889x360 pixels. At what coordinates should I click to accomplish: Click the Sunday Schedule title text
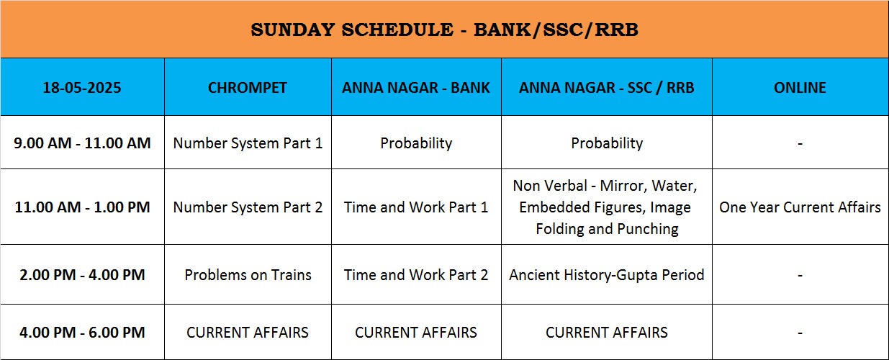tap(445, 30)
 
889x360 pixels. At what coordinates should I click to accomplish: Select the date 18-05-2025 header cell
tap(82, 87)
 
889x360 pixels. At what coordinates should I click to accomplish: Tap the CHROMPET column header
tap(248, 87)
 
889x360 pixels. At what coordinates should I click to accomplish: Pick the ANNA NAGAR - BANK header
tap(416, 87)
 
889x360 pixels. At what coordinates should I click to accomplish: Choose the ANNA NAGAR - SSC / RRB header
tap(606, 87)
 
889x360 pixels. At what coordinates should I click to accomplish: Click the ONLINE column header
tap(800, 87)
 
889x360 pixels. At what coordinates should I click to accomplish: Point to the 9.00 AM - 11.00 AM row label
tap(82, 143)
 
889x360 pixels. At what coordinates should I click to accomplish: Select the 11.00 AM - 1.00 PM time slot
tap(82, 207)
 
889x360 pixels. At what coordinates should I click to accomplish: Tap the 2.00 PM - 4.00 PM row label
tap(82, 274)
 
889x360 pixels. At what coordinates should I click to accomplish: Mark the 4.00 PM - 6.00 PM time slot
tap(82, 332)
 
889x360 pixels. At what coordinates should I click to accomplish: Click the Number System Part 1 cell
tap(248, 143)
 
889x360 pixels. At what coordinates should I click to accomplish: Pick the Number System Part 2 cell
tap(248, 207)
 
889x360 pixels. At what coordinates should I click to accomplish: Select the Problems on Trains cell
tap(248, 274)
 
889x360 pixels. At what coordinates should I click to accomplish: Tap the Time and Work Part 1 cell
tap(416, 207)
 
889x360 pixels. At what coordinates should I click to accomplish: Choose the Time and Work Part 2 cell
tap(416, 274)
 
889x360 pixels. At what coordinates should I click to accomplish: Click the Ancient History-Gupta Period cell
tap(606, 274)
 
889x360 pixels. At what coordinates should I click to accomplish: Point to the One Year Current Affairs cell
tap(800, 207)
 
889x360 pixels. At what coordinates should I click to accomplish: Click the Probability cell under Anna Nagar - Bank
tap(416, 143)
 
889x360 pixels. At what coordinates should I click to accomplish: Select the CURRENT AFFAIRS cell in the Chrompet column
tap(248, 332)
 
